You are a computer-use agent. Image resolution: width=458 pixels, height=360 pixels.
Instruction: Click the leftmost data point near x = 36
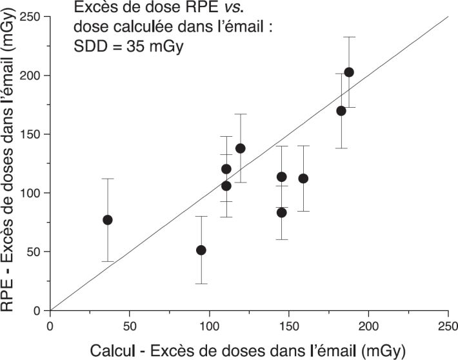point(108,220)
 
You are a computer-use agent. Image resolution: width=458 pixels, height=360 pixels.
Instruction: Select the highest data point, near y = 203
point(349,72)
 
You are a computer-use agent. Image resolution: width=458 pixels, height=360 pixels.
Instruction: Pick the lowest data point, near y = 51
point(201,250)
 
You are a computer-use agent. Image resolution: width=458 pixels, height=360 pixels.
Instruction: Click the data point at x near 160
point(303,179)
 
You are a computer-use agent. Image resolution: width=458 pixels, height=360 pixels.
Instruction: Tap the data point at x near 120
point(241,148)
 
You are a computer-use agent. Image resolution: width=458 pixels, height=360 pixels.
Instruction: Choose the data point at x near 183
point(341,111)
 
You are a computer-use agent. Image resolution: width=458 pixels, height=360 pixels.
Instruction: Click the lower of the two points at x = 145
point(281,212)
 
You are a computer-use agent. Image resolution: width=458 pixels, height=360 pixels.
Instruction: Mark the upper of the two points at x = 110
point(226,169)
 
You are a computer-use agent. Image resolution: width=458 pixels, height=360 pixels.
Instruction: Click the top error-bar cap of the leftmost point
point(108,179)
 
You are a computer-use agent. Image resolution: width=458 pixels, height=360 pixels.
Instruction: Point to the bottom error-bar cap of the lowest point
point(201,283)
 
